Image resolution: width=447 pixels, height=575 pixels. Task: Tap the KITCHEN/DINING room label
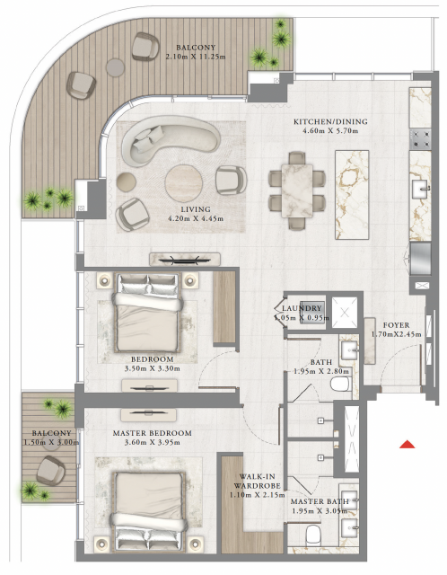tap(330, 121)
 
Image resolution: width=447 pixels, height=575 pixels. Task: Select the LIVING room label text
tap(196, 209)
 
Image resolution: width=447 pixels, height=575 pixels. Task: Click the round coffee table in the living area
tap(184, 183)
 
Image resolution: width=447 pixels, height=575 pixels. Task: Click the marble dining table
tap(297, 190)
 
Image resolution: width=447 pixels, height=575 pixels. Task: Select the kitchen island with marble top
tap(352, 195)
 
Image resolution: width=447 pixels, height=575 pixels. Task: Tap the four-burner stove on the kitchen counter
tap(420, 138)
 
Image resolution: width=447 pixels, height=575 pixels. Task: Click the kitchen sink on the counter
tap(420, 189)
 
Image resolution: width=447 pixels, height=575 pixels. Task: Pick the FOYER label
tap(397, 325)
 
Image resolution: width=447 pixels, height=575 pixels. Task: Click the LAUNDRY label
tap(302, 308)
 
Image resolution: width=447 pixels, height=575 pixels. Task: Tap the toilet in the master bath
tap(313, 535)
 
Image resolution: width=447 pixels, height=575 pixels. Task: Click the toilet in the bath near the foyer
tap(341, 384)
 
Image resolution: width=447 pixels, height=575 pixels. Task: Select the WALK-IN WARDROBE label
tap(258, 482)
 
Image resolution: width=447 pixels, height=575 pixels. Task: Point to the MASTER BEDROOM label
tap(152, 433)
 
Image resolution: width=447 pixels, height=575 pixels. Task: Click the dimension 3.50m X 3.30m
tap(152, 368)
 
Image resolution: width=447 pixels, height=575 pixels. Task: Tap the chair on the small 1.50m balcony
tap(50, 471)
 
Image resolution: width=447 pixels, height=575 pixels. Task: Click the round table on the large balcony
tap(116, 67)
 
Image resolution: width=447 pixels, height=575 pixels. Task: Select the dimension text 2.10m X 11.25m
tap(196, 57)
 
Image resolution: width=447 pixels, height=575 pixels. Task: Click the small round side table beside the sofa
tap(127, 181)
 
